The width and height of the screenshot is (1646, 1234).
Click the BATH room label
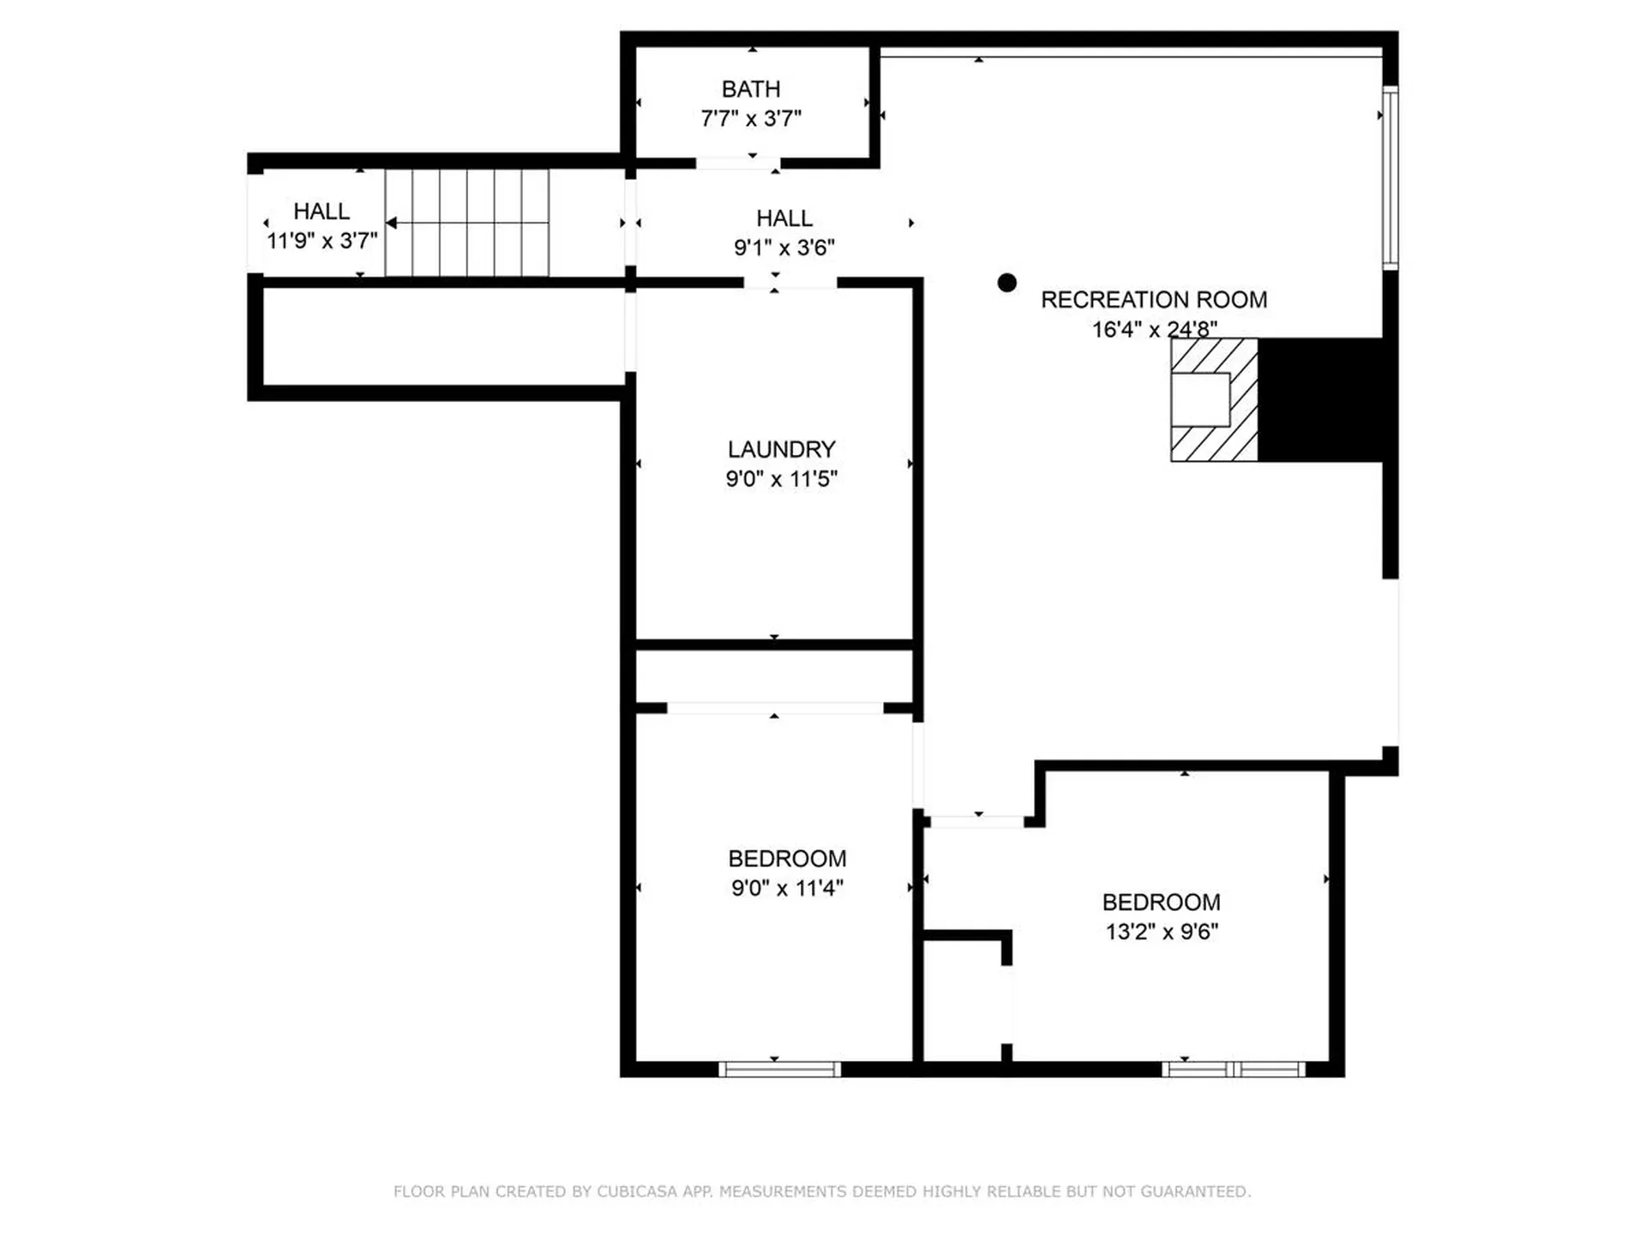(x=751, y=89)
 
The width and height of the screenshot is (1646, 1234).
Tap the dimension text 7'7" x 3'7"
(x=751, y=118)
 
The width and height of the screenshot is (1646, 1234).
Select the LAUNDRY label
(x=781, y=449)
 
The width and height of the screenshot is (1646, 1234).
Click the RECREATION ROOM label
(x=1153, y=300)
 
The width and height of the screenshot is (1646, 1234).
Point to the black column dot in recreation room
(x=1007, y=283)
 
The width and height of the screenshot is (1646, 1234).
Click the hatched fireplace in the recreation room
(x=1213, y=400)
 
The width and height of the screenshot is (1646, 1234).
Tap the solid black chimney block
(x=1320, y=400)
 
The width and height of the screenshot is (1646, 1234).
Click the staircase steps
(x=467, y=223)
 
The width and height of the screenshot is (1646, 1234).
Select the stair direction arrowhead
(x=391, y=223)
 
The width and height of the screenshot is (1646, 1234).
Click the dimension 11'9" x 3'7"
(x=321, y=241)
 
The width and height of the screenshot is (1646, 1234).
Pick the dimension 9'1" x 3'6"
(x=784, y=248)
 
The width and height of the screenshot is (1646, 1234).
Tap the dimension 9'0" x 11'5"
(x=781, y=479)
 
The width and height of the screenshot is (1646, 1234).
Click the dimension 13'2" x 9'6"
(x=1161, y=931)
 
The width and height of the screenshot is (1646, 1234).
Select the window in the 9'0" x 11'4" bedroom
(x=779, y=1069)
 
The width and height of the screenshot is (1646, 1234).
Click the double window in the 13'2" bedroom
(x=1233, y=1069)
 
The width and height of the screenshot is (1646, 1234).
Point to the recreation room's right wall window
(x=1390, y=178)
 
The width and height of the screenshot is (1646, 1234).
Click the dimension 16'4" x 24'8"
(x=1153, y=329)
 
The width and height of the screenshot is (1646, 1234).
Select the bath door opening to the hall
(x=737, y=163)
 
